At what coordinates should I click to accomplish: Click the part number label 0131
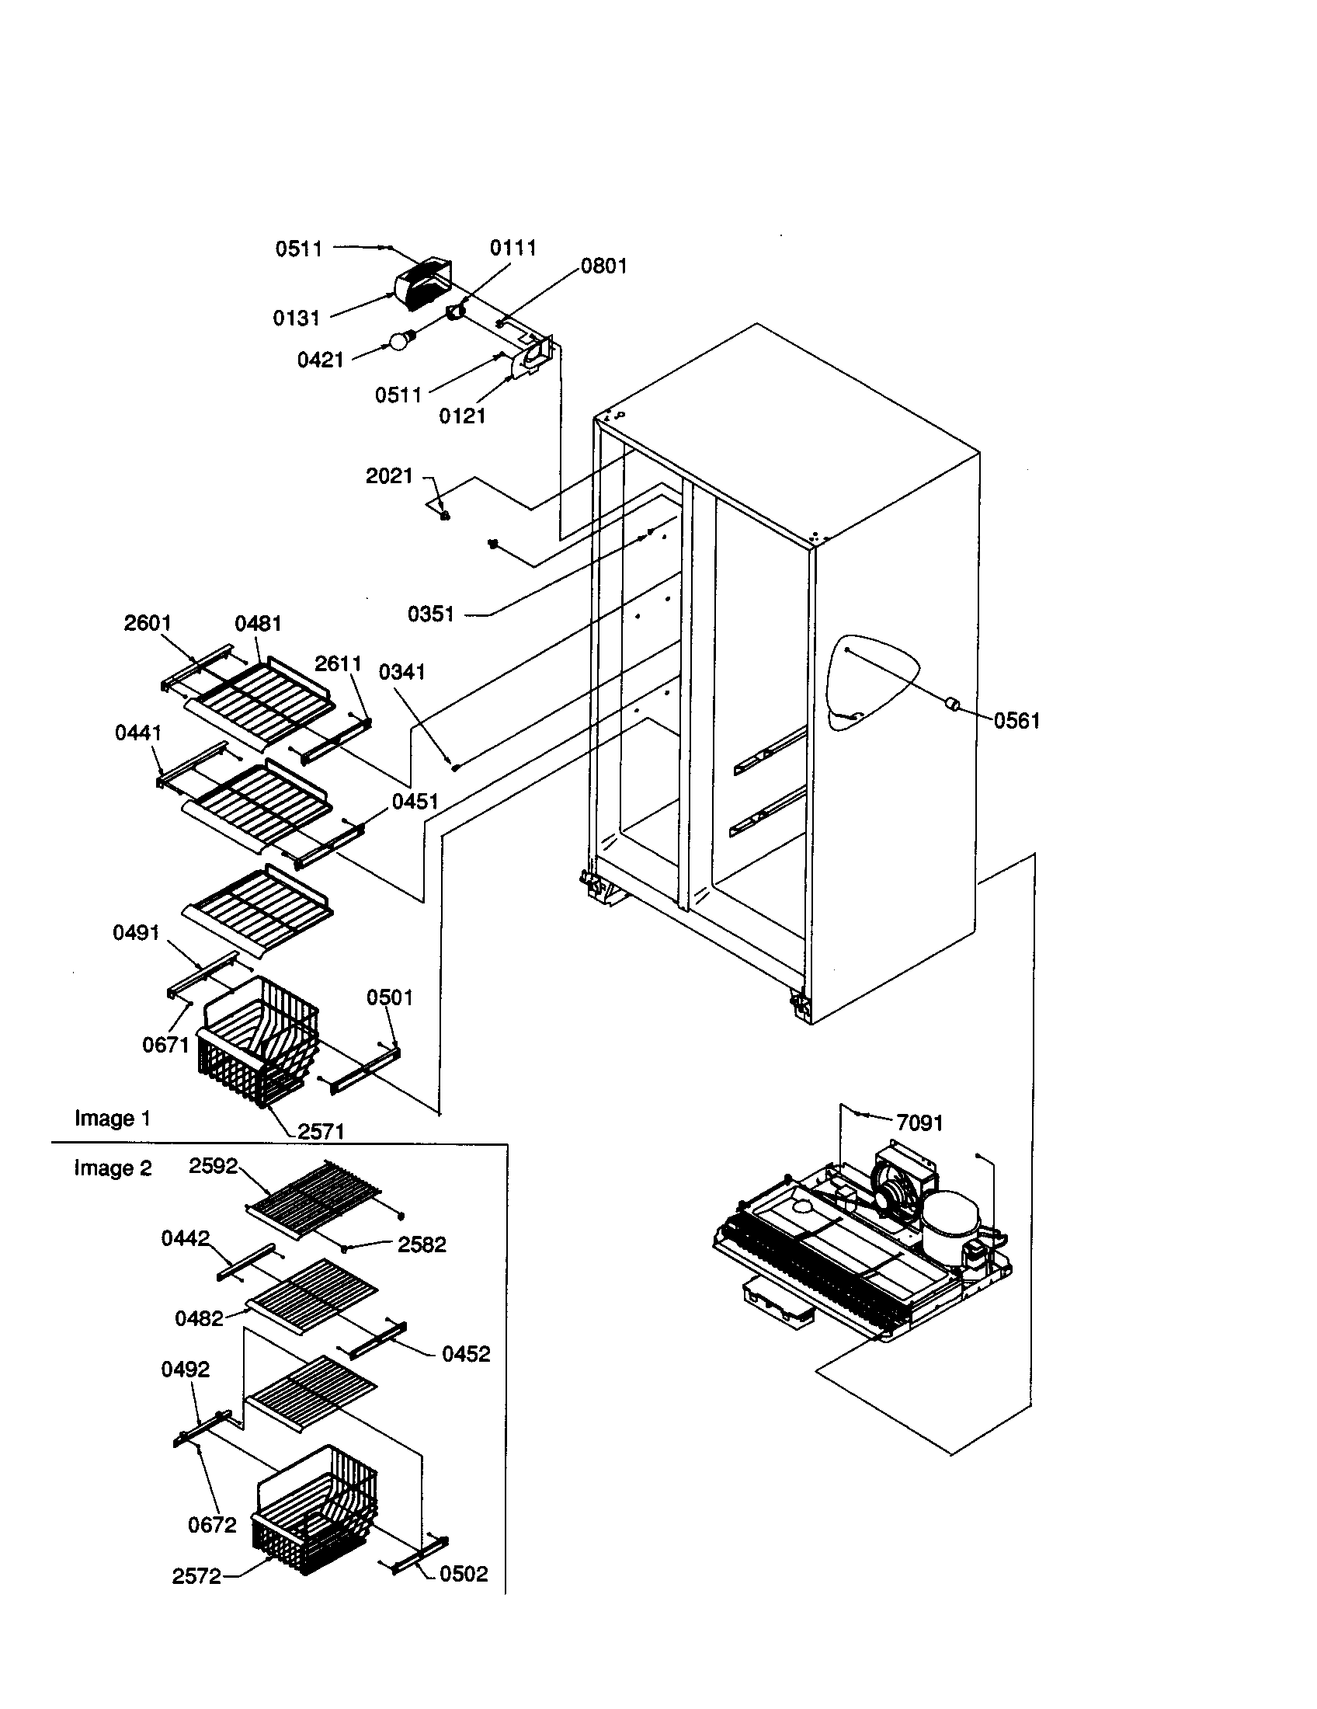[297, 318]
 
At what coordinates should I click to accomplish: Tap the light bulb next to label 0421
[401, 340]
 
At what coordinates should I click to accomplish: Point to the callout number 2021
[389, 475]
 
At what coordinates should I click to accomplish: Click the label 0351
[431, 614]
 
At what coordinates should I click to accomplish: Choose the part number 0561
[1016, 721]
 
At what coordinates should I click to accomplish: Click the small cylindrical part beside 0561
[954, 704]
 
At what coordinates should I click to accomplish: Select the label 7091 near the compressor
[919, 1123]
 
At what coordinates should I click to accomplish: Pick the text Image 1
[112, 1118]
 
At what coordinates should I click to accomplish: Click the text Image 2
[113, 1168]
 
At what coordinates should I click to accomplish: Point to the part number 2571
[321, 1131]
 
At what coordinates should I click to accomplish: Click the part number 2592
[213, 1166]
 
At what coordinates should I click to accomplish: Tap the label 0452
[466, 1355]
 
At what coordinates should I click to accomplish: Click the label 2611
[338, 663]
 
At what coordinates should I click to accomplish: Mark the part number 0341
[402, 672]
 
